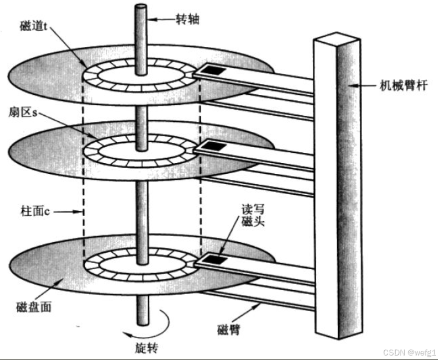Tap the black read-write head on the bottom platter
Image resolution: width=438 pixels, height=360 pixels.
215,259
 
